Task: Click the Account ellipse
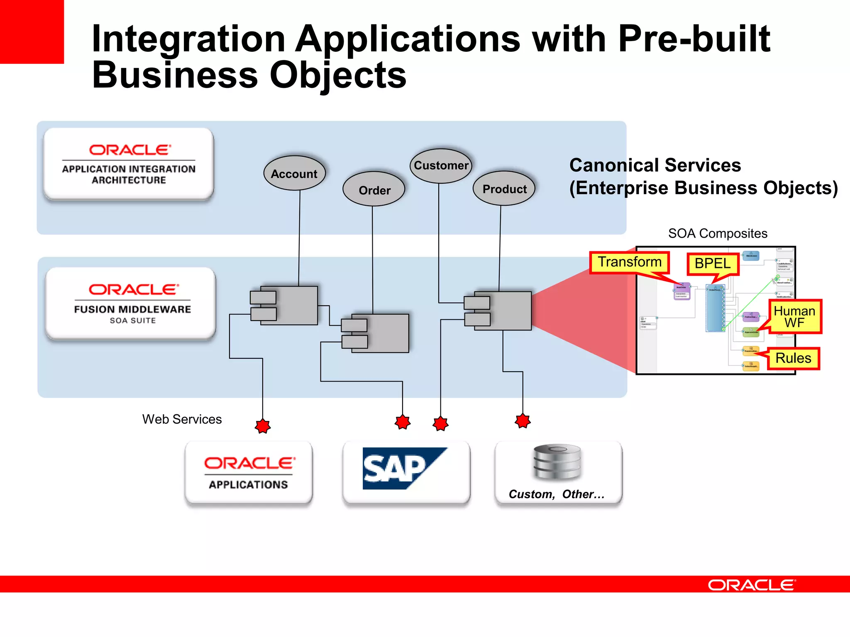[294, 173]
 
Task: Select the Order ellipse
[374, 190]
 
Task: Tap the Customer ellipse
[441, 165]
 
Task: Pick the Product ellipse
[504, 189]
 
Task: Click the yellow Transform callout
[629, 263]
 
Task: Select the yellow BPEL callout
[712, 264]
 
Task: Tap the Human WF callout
[794, 316]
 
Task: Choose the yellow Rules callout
[793, 358]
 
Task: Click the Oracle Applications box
[249, 473]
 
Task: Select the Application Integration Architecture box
[129, 164]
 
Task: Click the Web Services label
[182, 419]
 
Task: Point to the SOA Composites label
[717, 233]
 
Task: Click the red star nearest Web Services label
[263, 426]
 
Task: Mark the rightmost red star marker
[523, 421]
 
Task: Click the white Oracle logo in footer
[751, 585]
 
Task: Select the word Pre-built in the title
[694, 39]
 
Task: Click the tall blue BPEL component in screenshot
[715, 308]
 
